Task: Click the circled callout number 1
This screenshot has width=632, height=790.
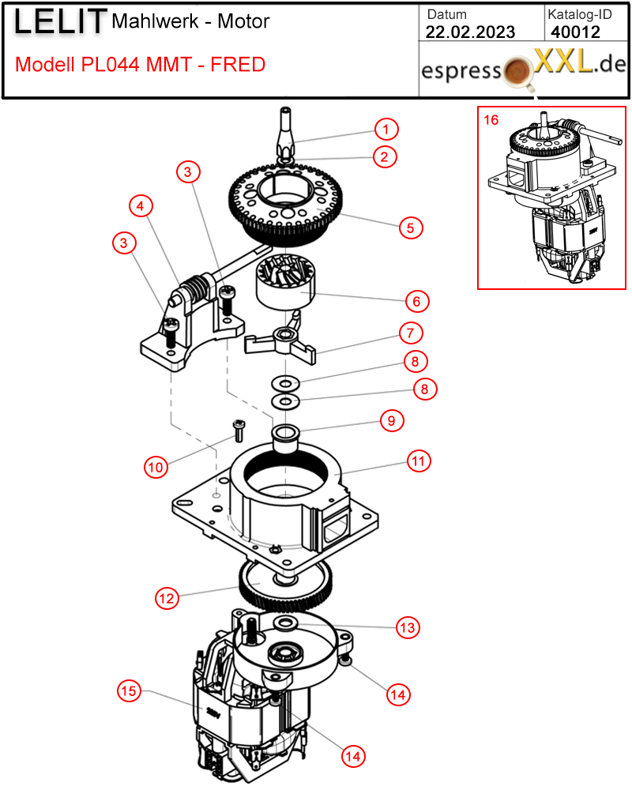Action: point(386,130)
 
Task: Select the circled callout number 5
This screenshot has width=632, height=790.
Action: point(411,228)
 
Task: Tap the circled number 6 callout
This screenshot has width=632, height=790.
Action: point(417,301)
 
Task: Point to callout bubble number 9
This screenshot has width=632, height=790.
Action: point(392,421)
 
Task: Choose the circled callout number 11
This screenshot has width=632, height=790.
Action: point(419,461)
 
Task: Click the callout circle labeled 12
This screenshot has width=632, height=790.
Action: point(167,599)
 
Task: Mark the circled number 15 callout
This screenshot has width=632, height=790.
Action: point(129,690)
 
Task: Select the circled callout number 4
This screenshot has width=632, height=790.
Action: point(141,205)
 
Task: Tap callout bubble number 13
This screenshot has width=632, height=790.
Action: point(407,627)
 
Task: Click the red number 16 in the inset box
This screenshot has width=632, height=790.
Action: point(491,120)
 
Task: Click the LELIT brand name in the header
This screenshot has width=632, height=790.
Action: point(60,21)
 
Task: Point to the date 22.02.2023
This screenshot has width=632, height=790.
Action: point(470,32)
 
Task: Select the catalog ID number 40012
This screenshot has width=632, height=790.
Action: point(576,32)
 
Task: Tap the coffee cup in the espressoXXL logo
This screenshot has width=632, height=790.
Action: point(518,72)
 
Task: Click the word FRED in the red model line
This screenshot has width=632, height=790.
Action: point(238,65)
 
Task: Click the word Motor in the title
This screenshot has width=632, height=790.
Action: point(243,21)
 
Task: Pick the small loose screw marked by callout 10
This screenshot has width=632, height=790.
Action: point(239,431)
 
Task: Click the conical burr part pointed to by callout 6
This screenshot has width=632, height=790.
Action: point(285,282)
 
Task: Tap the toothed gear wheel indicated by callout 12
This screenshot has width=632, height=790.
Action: point(285,585)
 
